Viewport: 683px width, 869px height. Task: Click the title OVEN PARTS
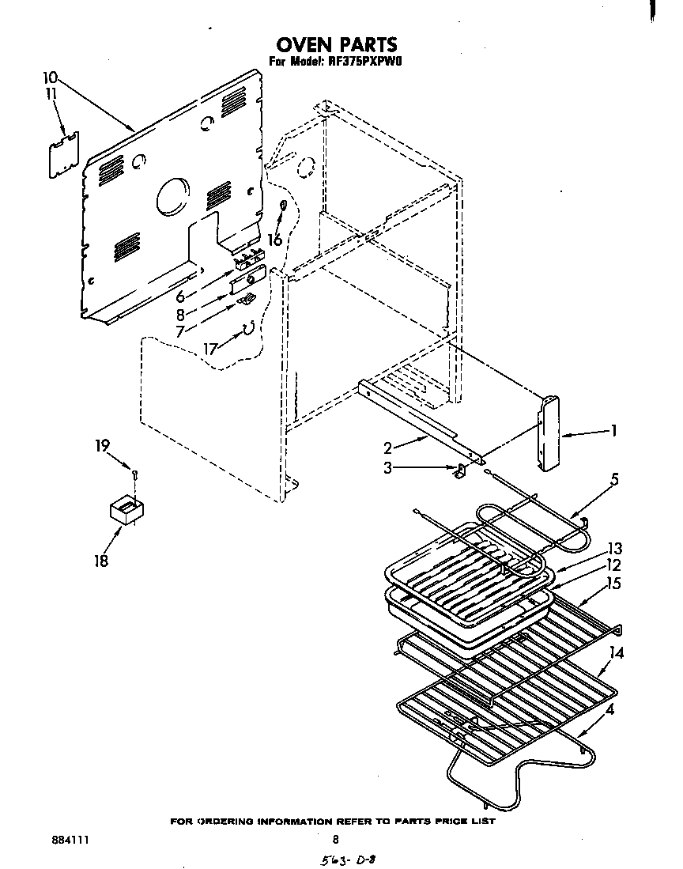(x=336, y=43)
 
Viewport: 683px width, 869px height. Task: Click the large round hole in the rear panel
(x=174, y=195)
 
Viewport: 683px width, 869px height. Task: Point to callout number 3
(x=387, y=468)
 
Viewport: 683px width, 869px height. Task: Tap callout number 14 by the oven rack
(x=617, y=653)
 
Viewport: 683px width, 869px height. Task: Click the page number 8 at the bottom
(x=335, y=840)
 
